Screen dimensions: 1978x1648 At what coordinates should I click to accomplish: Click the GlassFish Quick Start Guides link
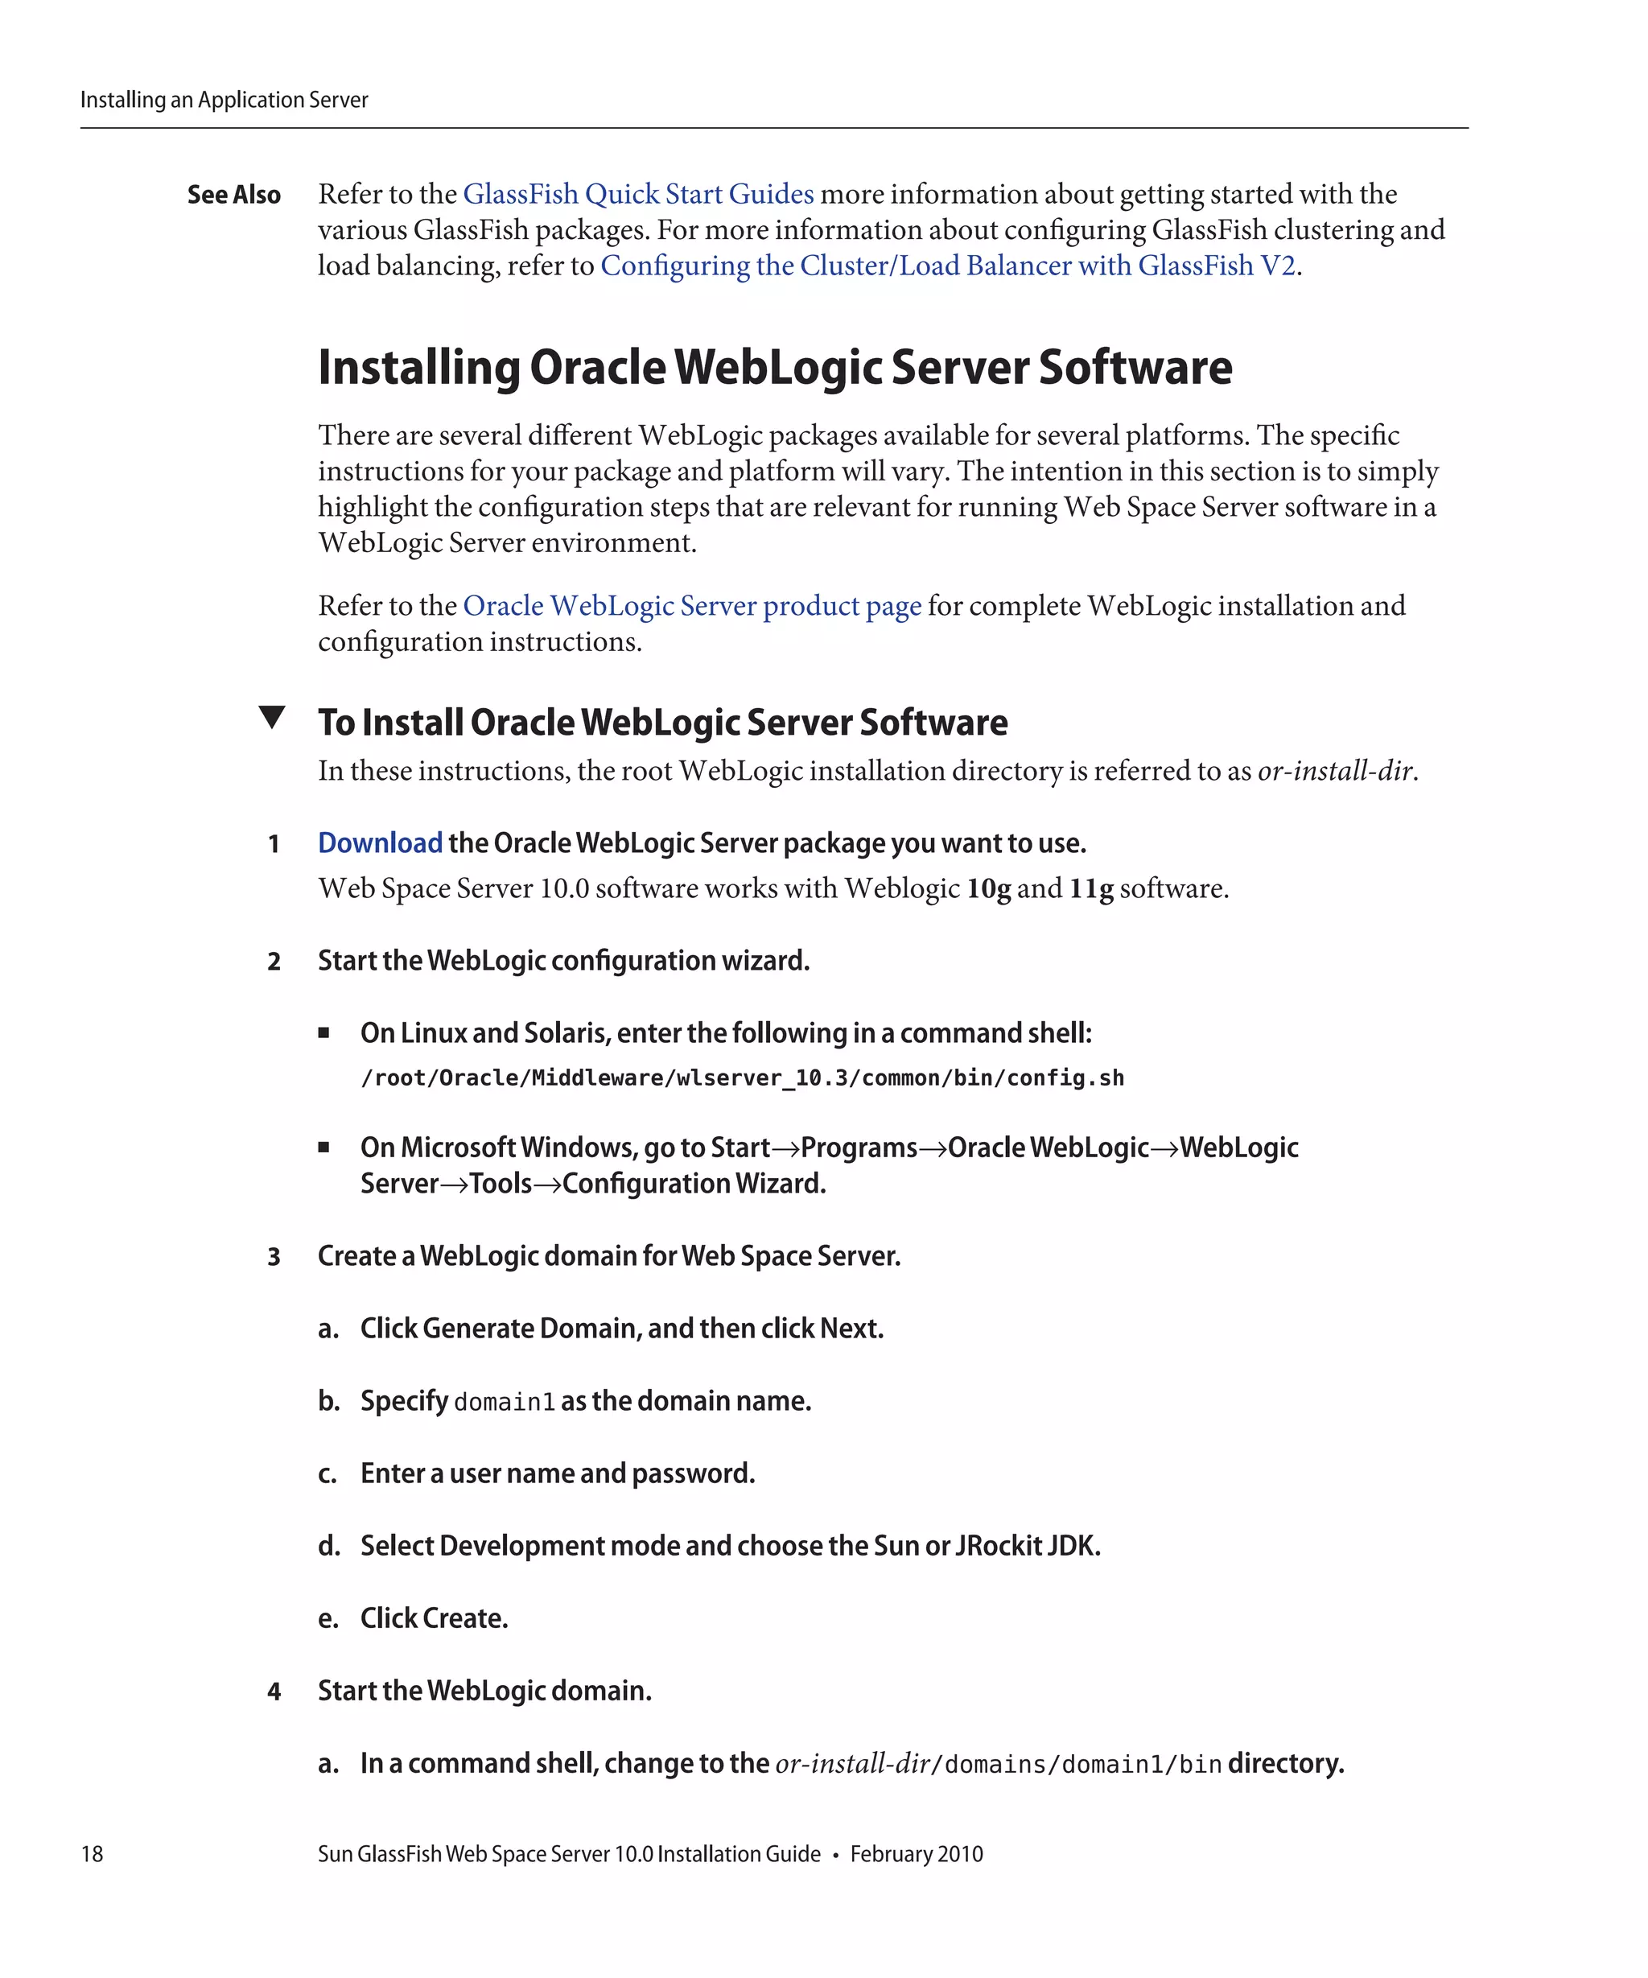click(x=637, y=194)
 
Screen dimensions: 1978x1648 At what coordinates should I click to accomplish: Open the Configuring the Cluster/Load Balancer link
click(x=947, y=266)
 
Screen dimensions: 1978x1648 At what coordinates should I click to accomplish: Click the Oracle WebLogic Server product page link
click(x=691, y=606)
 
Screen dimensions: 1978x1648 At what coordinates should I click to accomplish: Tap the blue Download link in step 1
click(x=380, y=843)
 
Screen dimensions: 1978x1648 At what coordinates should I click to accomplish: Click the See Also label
click(x=233, y=195)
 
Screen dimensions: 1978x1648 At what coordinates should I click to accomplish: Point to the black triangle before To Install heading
click(x=271, y=717)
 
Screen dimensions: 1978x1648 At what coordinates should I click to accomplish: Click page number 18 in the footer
click(x=93, y=1853)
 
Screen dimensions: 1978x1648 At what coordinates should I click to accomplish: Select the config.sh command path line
click(x=742, y=1078)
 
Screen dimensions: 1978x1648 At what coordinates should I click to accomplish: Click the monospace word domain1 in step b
click(x=504, y=1403)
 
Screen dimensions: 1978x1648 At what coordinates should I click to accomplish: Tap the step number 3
click(x=274, y=1256)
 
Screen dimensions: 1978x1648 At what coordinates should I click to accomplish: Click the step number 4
click(x=274, y=1692)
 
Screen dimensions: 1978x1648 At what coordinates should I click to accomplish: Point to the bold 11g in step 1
click(x=1090, y=888)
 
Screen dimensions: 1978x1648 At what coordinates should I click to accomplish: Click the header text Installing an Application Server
click(x=225, y=100)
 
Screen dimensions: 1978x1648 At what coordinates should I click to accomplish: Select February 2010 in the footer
click(x=916, y=1853)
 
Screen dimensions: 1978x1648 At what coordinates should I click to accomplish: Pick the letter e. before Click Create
click(x=328, y=1619)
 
